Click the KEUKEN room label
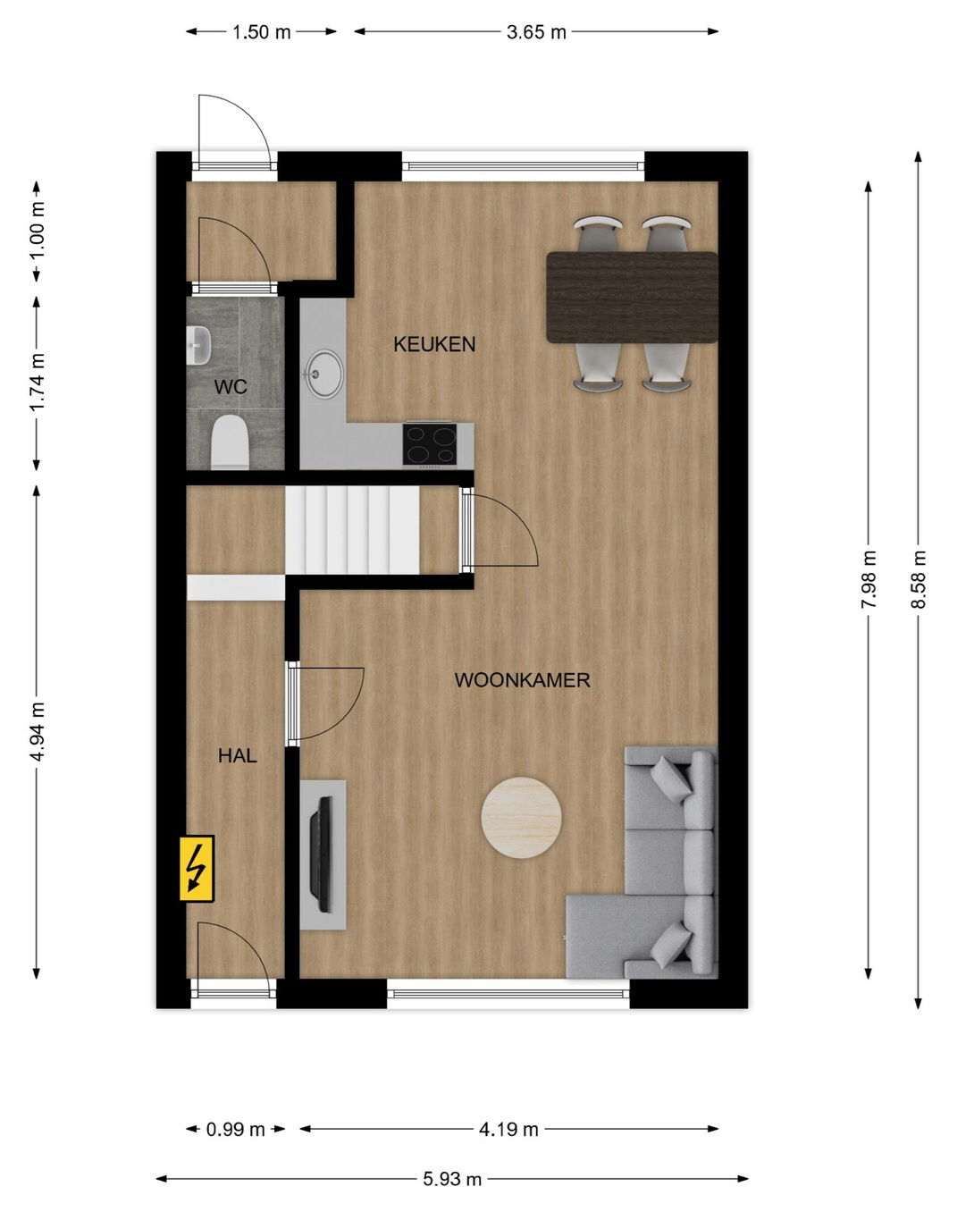pos(434,344)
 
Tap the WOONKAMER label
pos(522,680)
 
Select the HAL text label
pos(238,756)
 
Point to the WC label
pos(231,387)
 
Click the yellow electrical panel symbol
pos(197,869)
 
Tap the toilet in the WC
pos(230,442)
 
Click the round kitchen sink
pos(323,374)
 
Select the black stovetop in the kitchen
pos(430,444)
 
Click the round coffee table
pos(521,818)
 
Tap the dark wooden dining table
pos(633,298)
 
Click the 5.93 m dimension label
pos(452,1178)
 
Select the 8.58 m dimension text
pos(918,579)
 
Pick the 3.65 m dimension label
pos(536,32)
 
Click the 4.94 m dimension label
pos(38,732)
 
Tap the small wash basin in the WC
pos(198,345)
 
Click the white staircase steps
pos(352,530)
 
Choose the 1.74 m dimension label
pos(38,383)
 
